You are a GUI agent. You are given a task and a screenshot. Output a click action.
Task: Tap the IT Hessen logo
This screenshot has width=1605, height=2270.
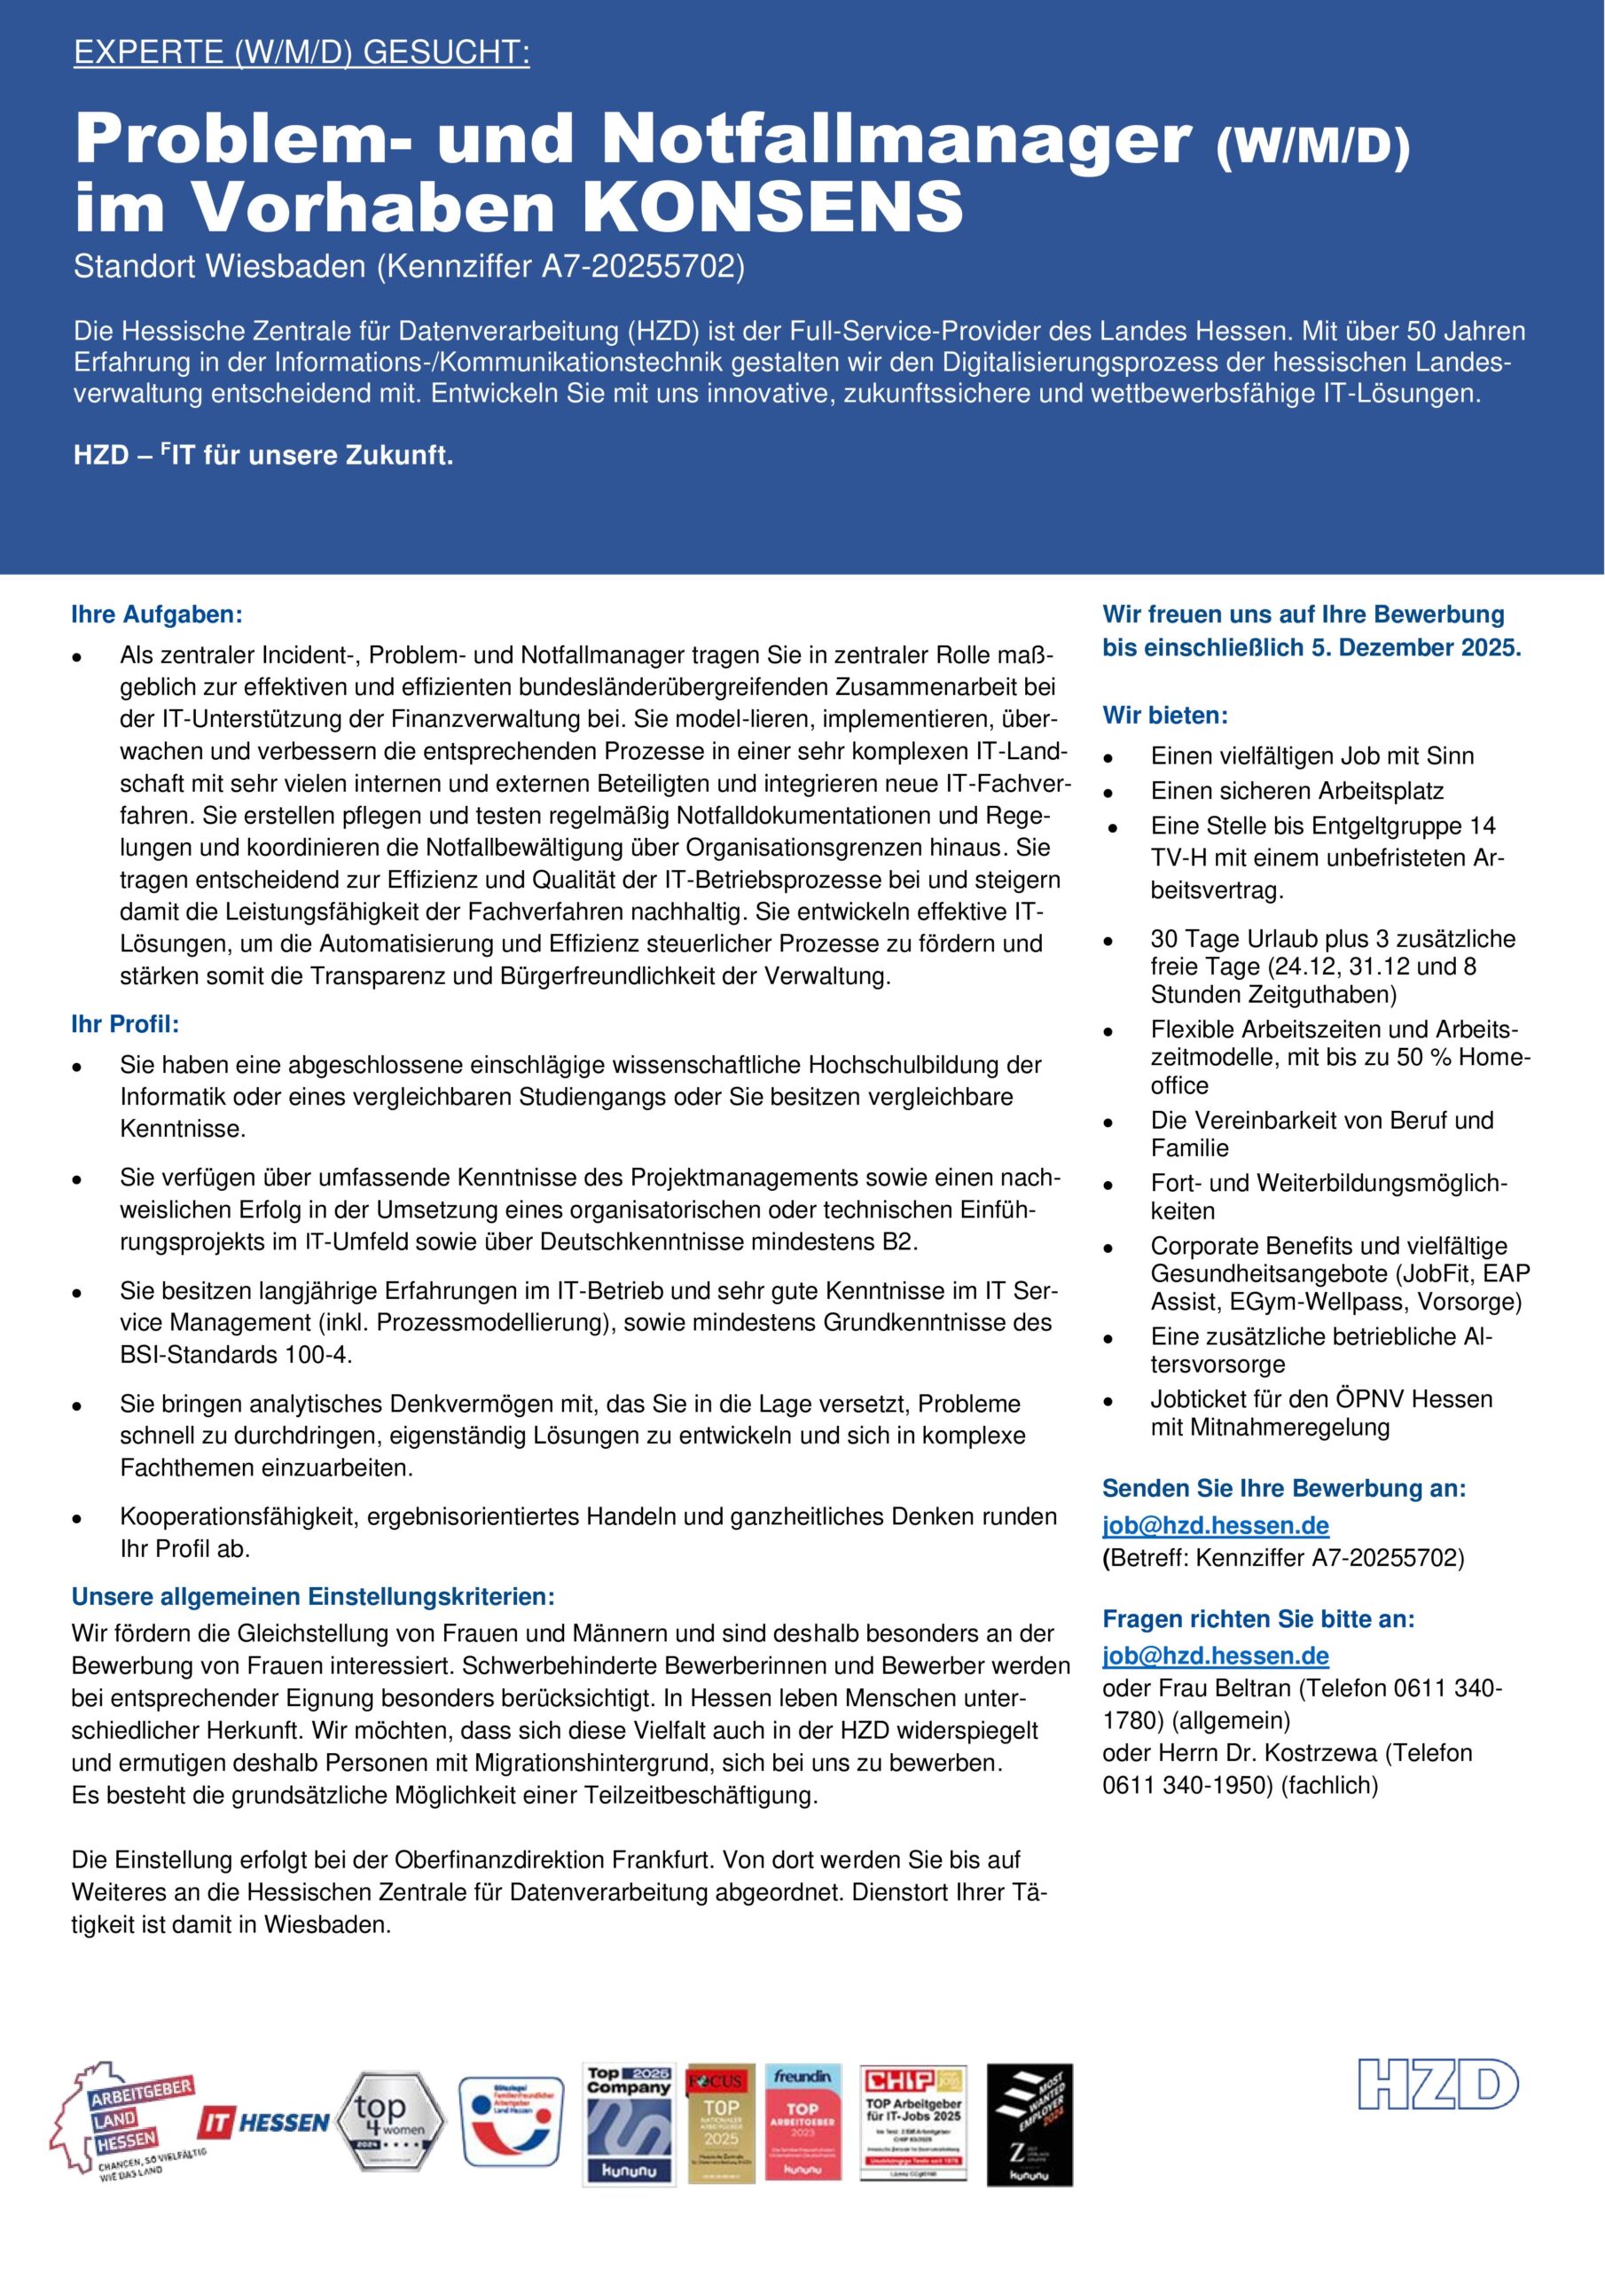pyautogui.click(x=263, y=2122)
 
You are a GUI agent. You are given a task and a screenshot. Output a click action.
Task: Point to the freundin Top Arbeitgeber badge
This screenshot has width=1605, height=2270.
pyautogui.click(x=802, y=2123)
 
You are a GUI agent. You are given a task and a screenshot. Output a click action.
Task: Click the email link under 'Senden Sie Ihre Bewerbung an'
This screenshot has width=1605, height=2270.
pyautogui.click(x=1216, y=1524)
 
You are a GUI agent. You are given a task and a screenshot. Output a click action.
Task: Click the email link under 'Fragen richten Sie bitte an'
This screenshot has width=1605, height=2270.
pyautogui.click(x=1216, y=1655)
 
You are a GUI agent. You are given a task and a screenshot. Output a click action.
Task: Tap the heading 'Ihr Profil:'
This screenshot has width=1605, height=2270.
pyautogui.click(x=125, y=1024)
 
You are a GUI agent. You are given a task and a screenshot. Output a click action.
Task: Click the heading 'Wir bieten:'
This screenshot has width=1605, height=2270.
pyautogui.click(x=1165, y=715)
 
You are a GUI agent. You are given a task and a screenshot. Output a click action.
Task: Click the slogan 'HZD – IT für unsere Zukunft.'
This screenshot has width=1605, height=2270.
pyautogui.click(x=263, y=457)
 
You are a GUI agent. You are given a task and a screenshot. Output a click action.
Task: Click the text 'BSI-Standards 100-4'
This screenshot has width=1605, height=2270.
pyautogui.click(x=234, y=1355)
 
